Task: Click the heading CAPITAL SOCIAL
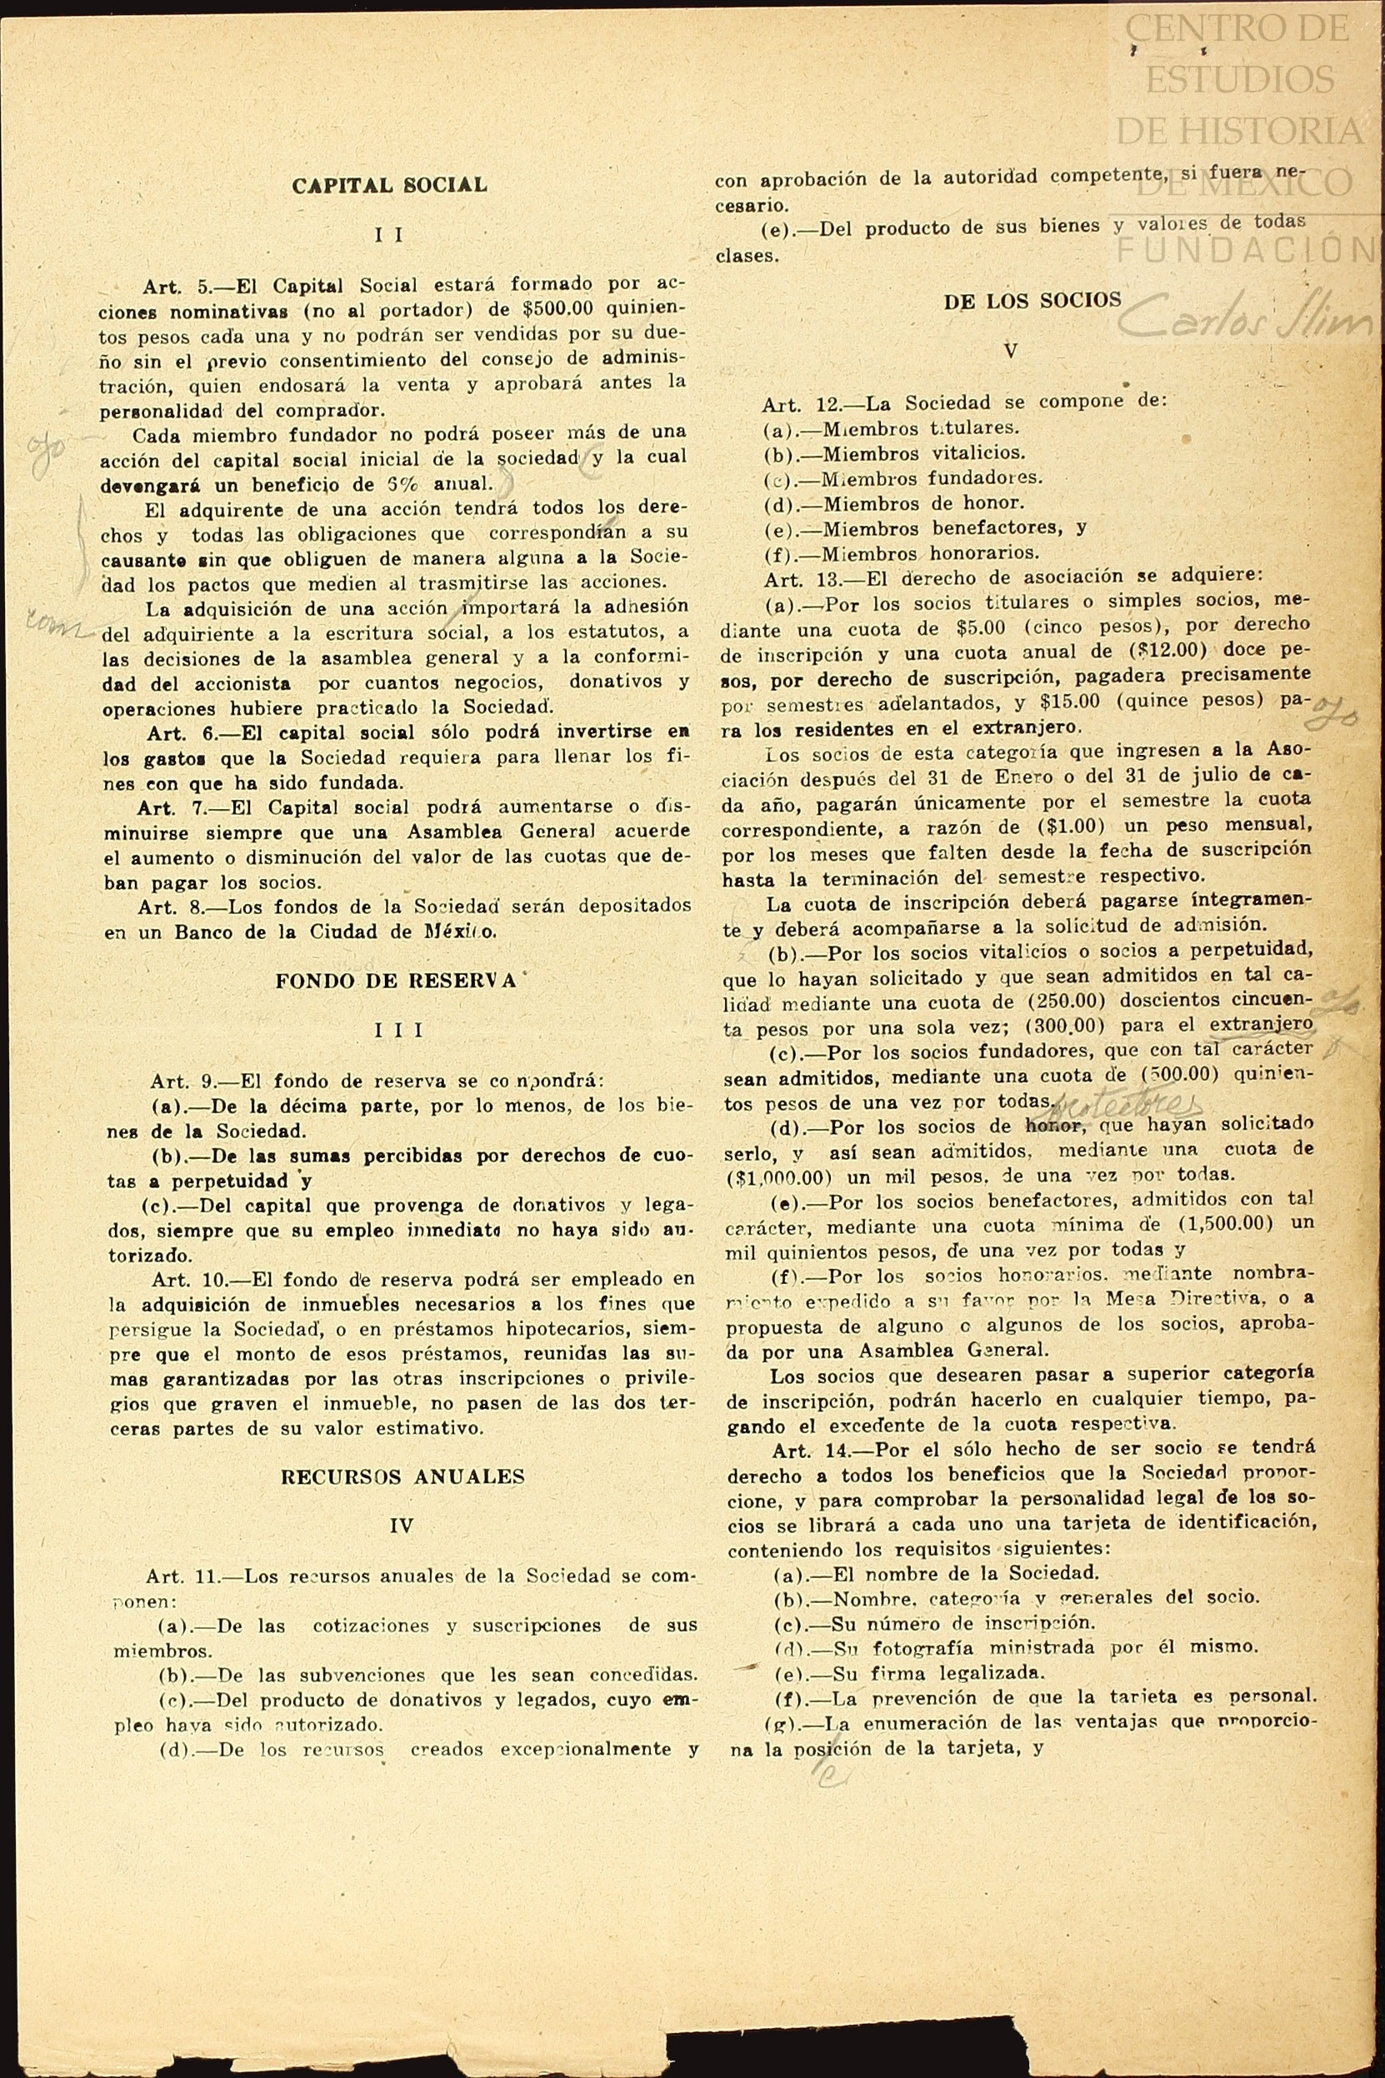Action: click(389, 186)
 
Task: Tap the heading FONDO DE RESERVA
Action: click(396, 982)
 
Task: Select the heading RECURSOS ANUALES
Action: click(402, 1476)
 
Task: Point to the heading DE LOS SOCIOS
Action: click(1032, 301)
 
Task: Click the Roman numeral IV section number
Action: click(401, 1525)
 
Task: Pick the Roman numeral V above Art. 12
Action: click(1012, 351)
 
